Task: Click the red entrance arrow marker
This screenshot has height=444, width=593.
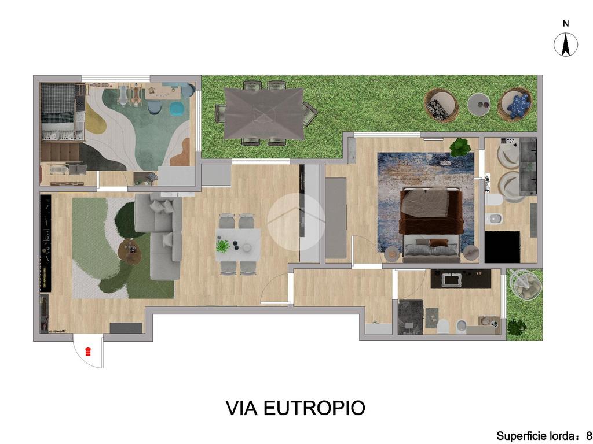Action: pyautogui.click(x=88, y=351)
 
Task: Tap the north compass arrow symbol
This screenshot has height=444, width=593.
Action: pyautogui.click(x=566, y=45)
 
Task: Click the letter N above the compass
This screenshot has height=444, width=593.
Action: pyautogui.click(x=566, y=24)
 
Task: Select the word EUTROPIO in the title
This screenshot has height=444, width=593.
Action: pyautogui.click(x=314, y=408)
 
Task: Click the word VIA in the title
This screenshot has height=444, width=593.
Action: pyautogui.click(x=241, y=408)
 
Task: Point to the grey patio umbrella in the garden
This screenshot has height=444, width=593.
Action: pyautogui.click(x=263, y=113)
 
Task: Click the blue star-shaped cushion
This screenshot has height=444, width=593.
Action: pyautogui.click(x=517, y=106)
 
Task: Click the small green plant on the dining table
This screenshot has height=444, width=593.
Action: pyautogui.click(x=223, y=246)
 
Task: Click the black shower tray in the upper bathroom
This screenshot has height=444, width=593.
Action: pyautogui.click(x=502, y=247)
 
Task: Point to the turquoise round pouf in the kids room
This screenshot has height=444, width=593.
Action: pyautogui.click(x=177, y=109)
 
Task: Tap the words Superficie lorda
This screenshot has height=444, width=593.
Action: pyautogui.click(x=535, y=436)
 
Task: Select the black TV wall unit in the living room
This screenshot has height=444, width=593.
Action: pyautogui.click(x=45, y=243)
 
